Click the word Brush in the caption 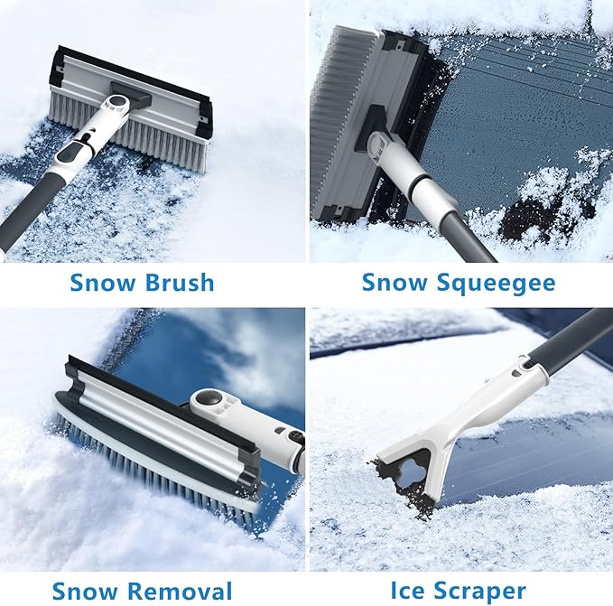179,283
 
